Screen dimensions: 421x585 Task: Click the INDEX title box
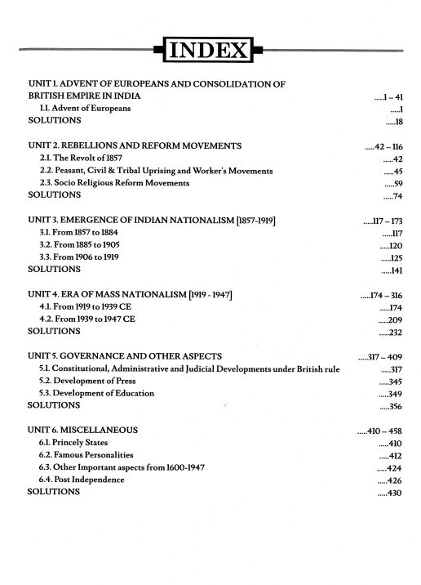[x=210, y=53]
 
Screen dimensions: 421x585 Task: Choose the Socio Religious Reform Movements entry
[x=115, y=184]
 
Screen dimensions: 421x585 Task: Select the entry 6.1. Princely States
[x=74, y=443]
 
